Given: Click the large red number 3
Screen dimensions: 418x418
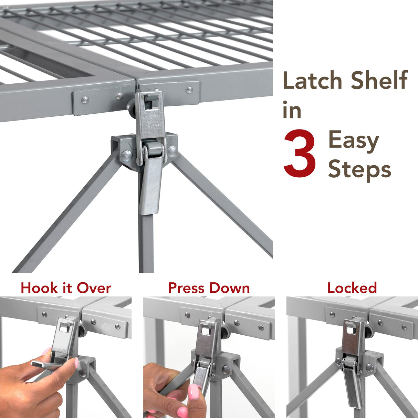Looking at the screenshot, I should [299, 154].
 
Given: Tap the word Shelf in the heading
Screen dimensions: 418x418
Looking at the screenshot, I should [379, 80].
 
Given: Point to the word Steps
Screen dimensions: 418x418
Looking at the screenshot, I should [359, 169].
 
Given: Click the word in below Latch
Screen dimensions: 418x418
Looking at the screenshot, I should [292, 111].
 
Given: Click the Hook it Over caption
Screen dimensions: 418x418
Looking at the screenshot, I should [66, 288].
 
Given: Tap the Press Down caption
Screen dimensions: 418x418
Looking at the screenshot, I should [209, 288].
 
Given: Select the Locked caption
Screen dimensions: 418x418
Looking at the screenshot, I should [352, 288].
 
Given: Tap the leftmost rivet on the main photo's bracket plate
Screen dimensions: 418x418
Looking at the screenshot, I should [84, 100].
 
